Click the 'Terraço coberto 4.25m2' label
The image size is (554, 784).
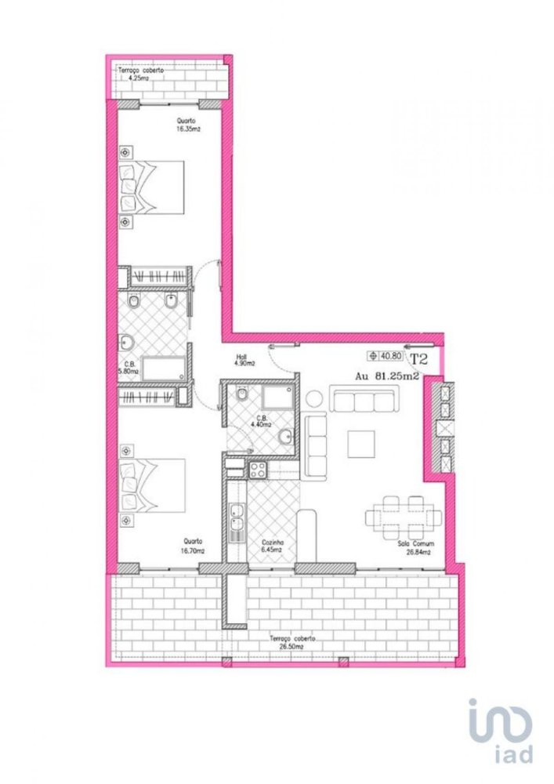pyautogui.click(x=141, y=74)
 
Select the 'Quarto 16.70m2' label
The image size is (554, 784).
pyautogui.click(x=193, y=545)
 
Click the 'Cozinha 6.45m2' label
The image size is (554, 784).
pyautogui.click(x=273, y=546)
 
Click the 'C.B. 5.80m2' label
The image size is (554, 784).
pyautogui.click(x=129, y=368)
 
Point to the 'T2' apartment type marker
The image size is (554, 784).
pyautogui.click(x=419, y=360)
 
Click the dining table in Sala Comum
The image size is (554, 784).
pyautogui.click(x=404, y=517)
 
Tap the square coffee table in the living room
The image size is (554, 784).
pyautogui.click(x=362, y=444)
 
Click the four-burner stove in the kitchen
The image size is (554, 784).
pyautogui.click(x=258, y=470)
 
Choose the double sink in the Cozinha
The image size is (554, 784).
pyautogui.click(x=236, y=521)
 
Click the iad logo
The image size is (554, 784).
pyautogui.click(x=501, y=729)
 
